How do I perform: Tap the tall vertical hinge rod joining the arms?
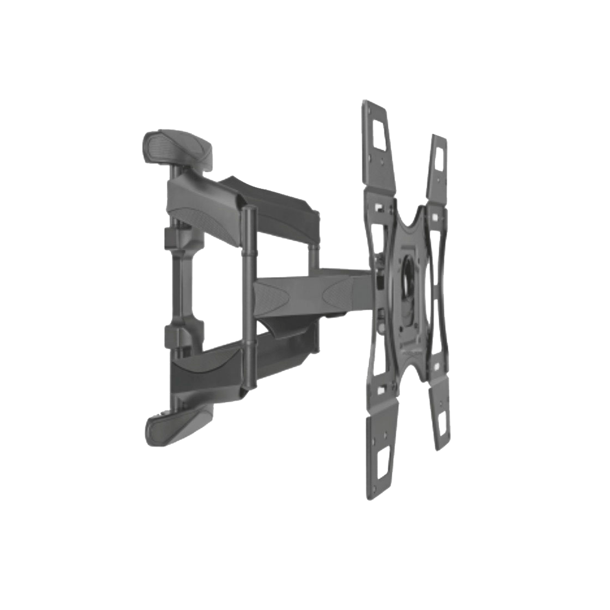pos(247,297)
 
